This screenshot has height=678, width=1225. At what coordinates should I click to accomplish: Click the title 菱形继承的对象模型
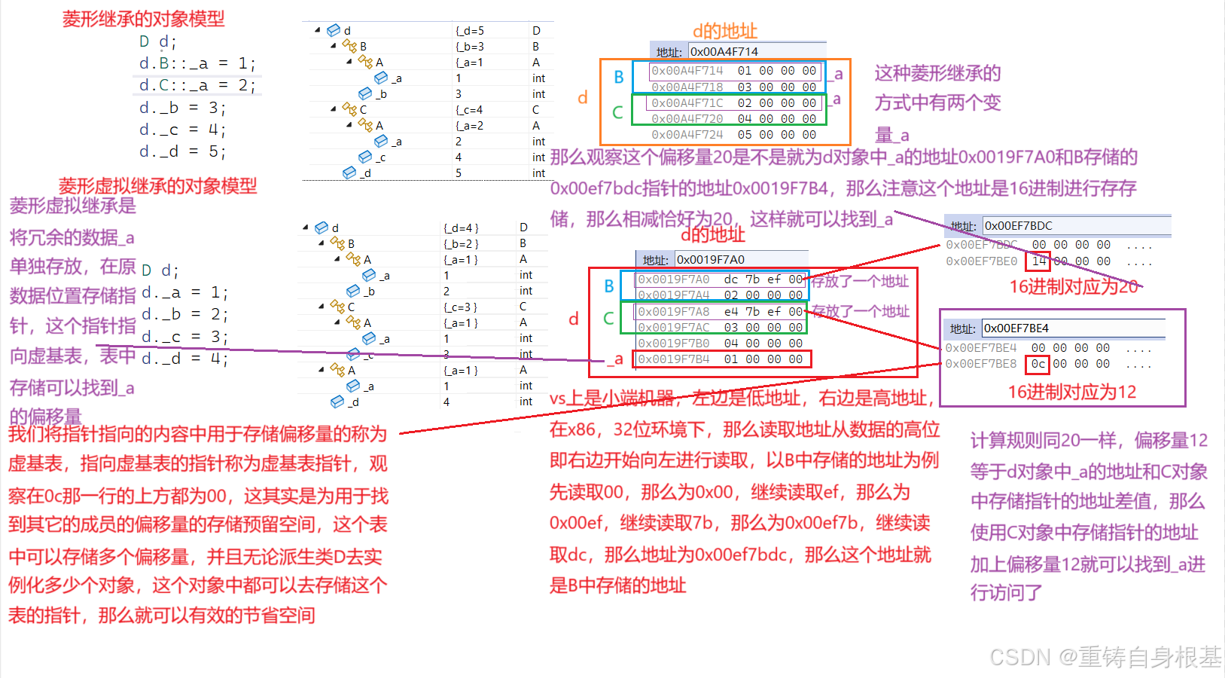[x=143, y=19]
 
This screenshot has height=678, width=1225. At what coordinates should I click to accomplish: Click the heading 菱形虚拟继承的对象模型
[x=157, y=185]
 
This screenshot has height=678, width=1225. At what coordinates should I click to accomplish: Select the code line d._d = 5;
[x=182, y=151]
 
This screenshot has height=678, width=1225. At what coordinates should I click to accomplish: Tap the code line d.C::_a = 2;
[x=197, y=85]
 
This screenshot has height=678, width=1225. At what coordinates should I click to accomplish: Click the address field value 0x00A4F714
[x=724, y=51]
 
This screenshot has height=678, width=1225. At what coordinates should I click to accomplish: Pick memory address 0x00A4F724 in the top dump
[x=687, y=135]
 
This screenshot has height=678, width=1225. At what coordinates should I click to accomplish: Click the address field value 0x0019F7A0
[x=710, y=259]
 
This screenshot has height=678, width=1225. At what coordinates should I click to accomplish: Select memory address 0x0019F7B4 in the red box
[x=673, y=359]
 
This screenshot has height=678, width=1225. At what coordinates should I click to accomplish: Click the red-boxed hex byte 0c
[x=1038, y=364]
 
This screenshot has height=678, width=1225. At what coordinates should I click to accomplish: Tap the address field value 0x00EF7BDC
[x=1018, y=225]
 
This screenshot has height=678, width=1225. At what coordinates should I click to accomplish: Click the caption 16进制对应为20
[x=1073, y=286]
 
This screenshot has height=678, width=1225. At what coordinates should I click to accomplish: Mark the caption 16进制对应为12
[x=1071, y=392]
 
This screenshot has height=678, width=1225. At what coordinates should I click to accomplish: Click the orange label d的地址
[x=724, y=31]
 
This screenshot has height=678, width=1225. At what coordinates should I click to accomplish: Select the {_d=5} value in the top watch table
[x=470, y=31]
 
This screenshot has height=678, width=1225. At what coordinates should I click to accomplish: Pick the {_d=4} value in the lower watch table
[x=461, y=228]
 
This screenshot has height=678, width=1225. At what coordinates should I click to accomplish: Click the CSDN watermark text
[x=1105, y=657]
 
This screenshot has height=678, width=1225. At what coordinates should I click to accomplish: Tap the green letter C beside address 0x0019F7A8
[x=608, y=319]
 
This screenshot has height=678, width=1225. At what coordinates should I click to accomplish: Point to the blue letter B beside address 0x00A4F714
[x=618, y=77]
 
